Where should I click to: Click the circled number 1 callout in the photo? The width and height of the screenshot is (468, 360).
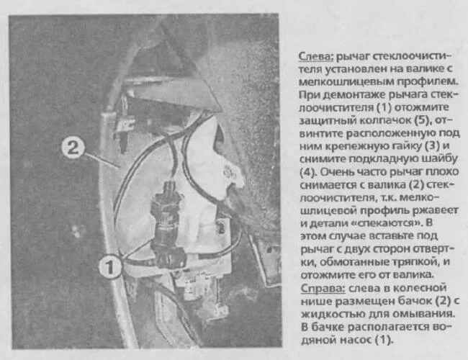[x=110, y=266]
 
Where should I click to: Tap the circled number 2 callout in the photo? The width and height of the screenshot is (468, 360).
[x=73, y=148]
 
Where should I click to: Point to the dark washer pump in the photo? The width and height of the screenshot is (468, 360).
[x=168, y=225]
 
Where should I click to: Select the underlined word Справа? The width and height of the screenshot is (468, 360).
[x=323, y=288]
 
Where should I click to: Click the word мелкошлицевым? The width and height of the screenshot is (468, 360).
[x=343, y=82]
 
